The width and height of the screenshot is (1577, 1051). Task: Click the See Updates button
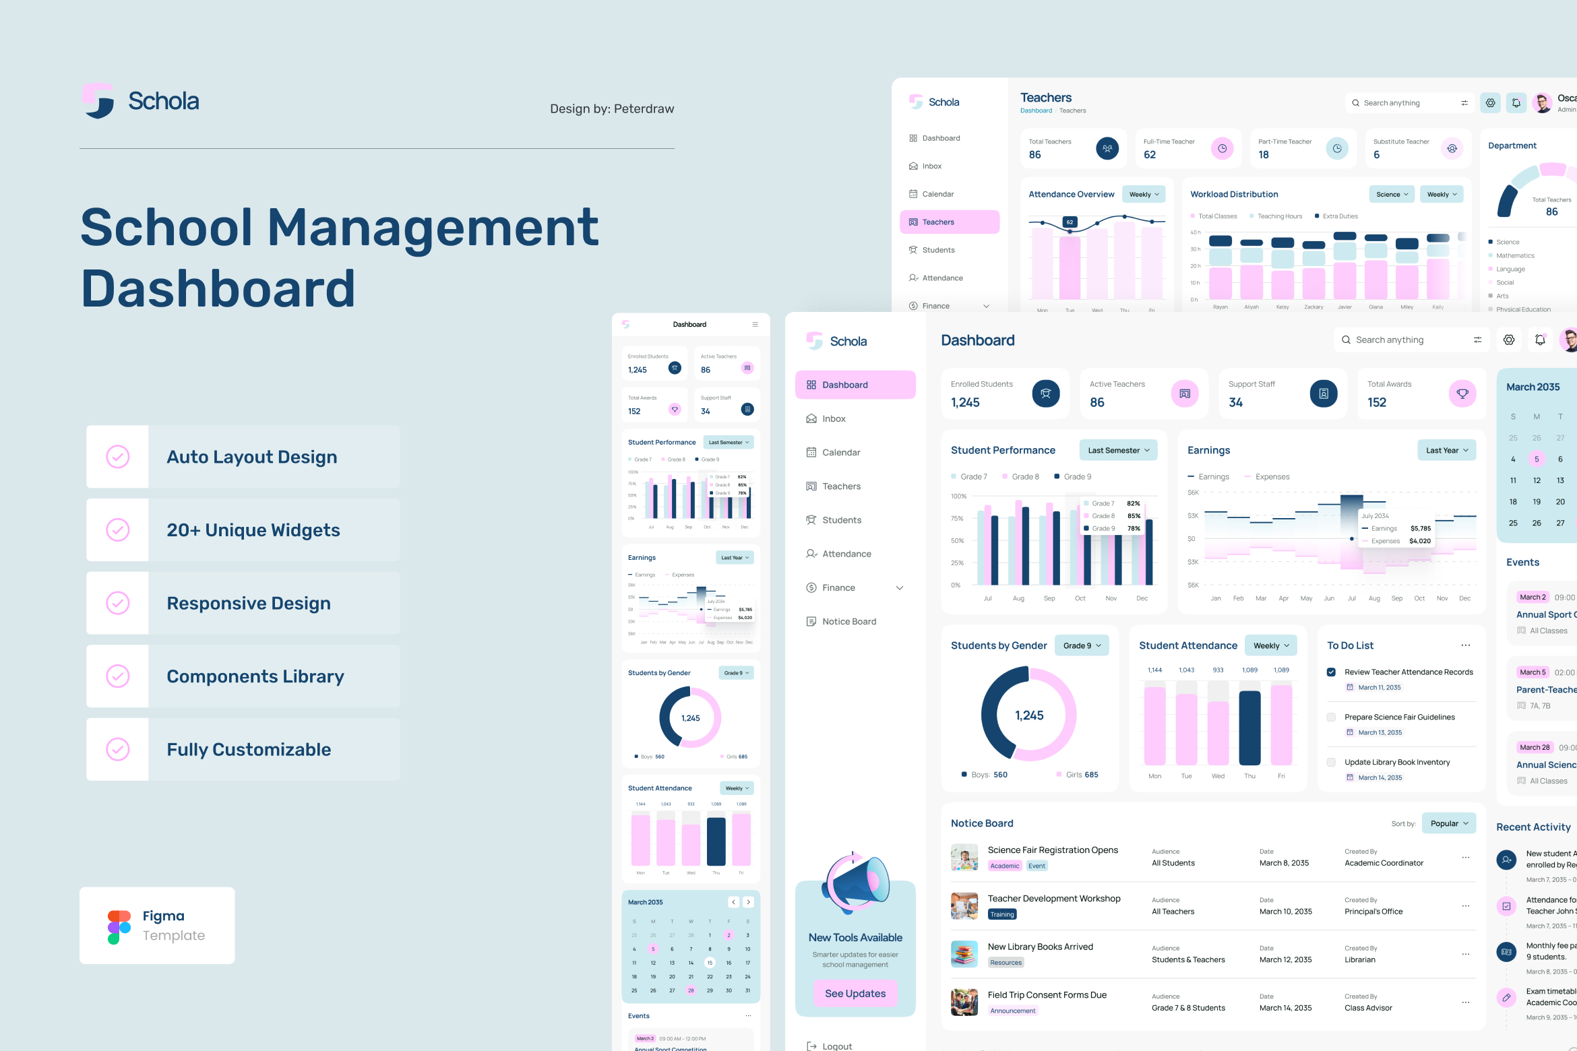855,993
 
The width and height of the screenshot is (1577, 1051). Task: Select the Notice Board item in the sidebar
848,621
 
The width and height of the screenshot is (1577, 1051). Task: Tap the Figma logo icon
119,927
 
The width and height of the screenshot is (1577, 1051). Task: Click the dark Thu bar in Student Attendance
1249,728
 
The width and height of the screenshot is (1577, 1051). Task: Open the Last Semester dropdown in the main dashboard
1118,450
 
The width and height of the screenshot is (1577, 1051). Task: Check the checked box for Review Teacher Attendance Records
1331,672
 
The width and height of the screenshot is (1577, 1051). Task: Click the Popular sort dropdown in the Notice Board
1448,823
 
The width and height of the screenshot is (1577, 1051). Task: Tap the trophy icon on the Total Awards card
1462,393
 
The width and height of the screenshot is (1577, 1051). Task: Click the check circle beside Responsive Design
118,603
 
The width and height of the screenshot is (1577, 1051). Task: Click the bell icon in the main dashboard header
1540,340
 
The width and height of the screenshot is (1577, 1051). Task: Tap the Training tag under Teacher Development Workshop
1002,914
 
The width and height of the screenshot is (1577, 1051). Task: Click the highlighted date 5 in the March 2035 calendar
1537,459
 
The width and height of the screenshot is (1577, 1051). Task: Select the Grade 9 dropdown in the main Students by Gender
1082,645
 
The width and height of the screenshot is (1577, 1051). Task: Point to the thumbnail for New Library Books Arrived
964,953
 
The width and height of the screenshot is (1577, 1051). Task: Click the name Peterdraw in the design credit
644,108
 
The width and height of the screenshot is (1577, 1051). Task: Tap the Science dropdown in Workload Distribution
1392,194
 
